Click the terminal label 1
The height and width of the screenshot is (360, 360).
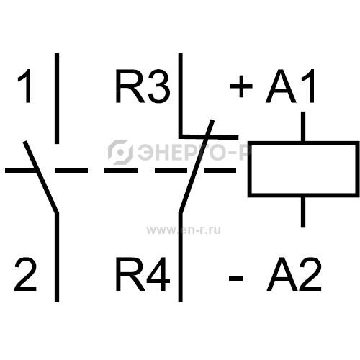(25, 86)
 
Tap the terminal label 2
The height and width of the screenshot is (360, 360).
(25, 274)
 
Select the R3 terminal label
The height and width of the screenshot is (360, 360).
(143, 86)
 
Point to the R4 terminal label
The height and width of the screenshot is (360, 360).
(143, 274)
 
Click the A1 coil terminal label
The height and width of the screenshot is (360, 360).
(289, 86)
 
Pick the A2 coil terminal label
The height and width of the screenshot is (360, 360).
(294, 274)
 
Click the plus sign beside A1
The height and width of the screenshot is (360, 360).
(241, 86)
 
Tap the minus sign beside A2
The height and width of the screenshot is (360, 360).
(235, 279)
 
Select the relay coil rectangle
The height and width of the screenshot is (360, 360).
(304, 143)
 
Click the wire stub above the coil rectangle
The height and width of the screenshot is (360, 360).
(303, 127)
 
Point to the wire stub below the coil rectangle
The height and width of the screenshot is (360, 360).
(303, 212)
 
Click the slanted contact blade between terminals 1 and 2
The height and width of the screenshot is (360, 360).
(41, 177)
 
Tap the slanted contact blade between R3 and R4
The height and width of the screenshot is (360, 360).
(197, 166)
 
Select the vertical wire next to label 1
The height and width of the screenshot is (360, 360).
(57, 99)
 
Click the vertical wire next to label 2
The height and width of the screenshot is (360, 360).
(57, 257)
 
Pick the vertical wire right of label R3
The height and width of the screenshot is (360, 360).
(181, 96)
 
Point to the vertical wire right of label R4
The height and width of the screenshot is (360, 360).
(181, 257)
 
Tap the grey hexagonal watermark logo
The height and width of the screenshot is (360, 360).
(120, 152)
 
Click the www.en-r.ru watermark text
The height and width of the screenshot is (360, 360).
(184, 230)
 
